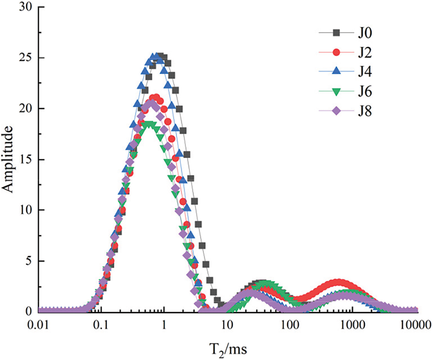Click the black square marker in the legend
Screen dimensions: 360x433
point(336,33)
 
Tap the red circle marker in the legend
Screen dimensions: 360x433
point(336,52)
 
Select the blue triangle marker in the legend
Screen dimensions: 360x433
point(336,72)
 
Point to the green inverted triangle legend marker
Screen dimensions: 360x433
point(336,91)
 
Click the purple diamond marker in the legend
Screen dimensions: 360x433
point(336,111)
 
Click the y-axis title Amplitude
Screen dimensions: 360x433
point(11,159)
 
